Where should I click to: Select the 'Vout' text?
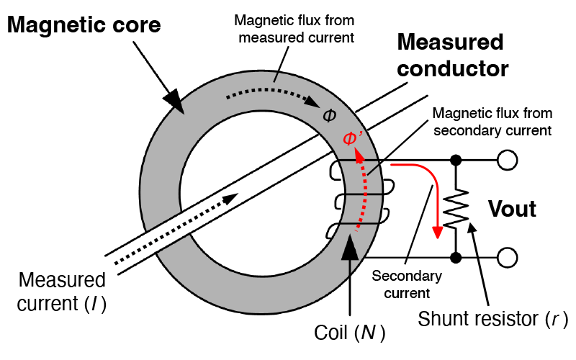pos(513,209)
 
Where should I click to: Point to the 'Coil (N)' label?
pos(350,333)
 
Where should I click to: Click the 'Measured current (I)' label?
pos(63,292)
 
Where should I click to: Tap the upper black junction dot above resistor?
pos(455,159)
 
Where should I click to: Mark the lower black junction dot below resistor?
pos(455,256)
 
